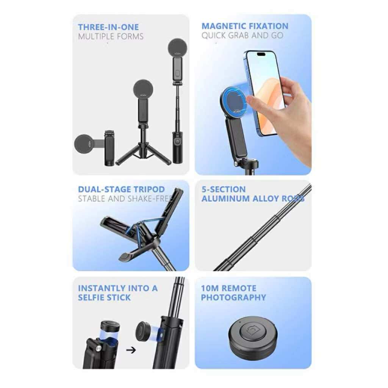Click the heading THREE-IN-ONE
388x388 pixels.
108,27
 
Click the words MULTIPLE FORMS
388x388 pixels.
111,37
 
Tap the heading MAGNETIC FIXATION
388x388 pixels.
245,26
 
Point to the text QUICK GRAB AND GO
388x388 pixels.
242,36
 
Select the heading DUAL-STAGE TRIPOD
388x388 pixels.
121,189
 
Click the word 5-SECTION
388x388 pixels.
224,189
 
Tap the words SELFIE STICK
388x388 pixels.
104,297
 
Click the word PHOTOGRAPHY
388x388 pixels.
233,297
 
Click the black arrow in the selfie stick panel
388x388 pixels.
131,350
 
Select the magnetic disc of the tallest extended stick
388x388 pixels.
177,48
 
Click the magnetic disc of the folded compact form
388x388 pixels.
84,144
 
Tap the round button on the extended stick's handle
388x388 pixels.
177,141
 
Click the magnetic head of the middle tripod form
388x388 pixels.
143,89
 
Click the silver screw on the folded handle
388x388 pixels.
99,349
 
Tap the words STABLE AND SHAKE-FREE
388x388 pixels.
125,199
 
